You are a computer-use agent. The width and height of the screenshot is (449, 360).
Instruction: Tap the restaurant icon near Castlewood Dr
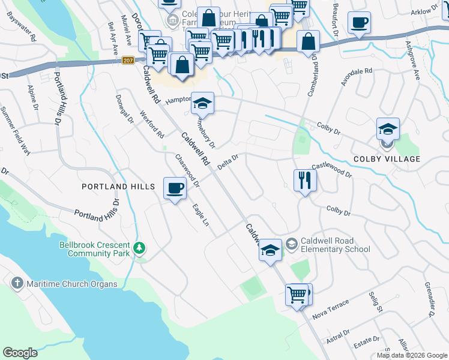305,179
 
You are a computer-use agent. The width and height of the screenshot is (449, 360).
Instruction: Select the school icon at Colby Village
388,128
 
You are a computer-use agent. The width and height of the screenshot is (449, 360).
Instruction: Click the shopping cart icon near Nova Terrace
297,295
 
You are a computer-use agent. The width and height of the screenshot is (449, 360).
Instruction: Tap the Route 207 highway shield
127,60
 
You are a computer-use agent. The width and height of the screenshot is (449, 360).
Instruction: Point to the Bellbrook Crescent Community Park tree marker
139,247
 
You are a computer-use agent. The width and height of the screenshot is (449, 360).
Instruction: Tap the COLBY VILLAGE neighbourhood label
387,159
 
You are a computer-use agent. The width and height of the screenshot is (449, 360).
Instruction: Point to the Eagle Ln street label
200,215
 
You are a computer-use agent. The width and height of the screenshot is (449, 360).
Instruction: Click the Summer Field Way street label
14,130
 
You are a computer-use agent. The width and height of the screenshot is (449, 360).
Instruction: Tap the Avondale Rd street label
357,77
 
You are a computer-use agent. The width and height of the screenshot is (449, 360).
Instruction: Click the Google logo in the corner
20,352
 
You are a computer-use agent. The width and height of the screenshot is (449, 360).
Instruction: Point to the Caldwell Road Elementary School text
336,245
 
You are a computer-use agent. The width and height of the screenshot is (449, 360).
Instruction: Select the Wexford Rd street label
152,122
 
